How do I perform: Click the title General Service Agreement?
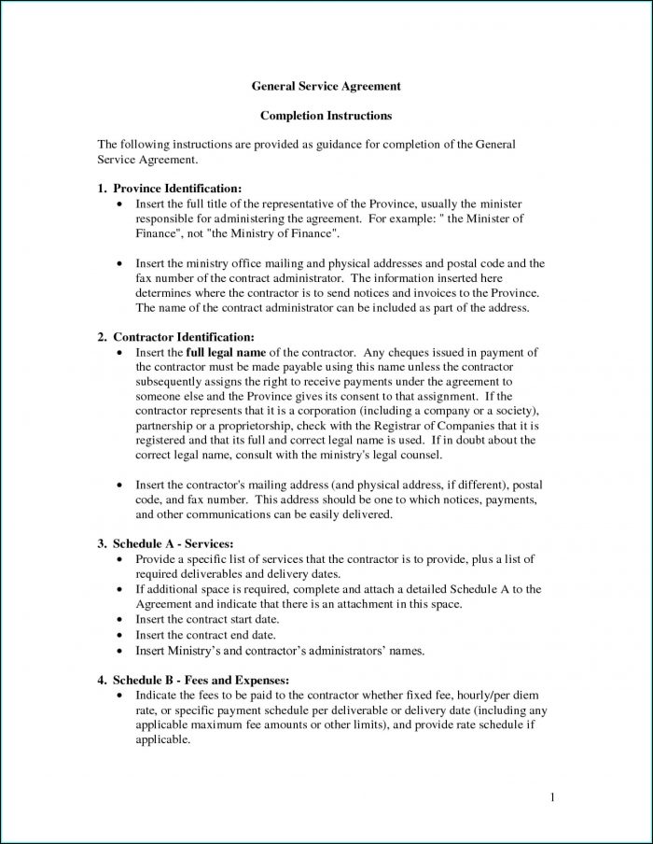(x=326, y=86)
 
